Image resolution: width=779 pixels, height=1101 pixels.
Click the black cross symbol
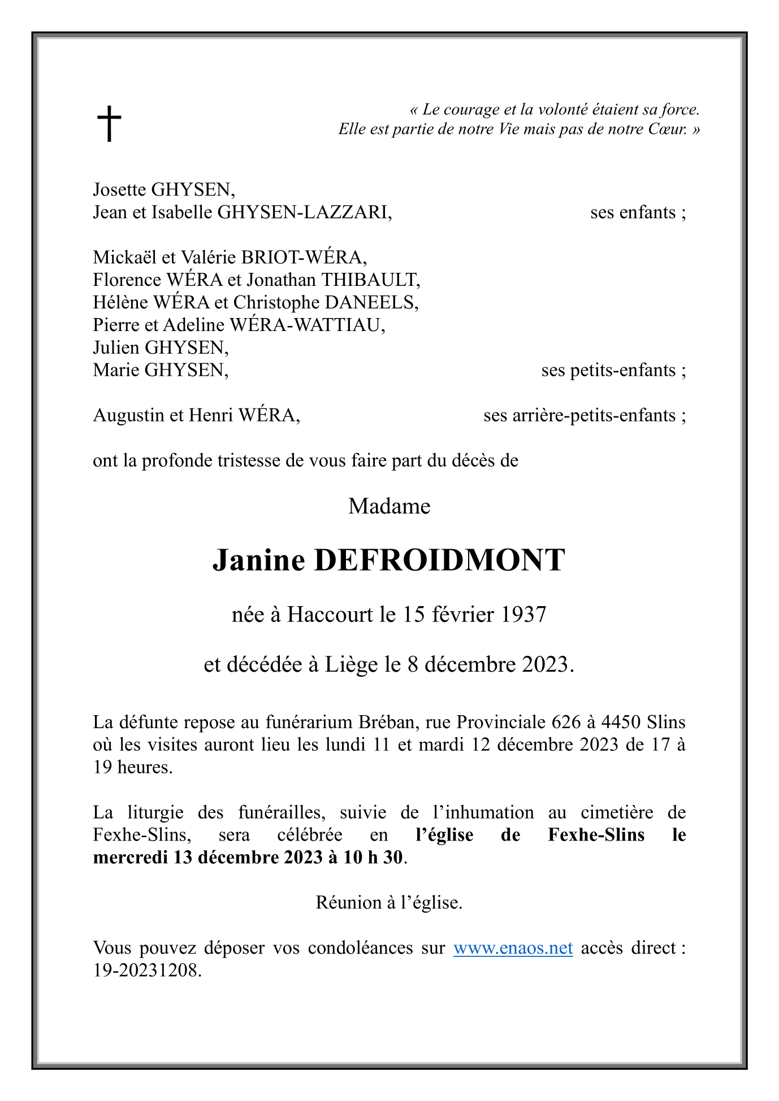[109, 123]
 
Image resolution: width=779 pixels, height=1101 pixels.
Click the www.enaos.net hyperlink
[513, 947]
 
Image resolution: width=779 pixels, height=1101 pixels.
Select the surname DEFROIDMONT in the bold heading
[439, 560]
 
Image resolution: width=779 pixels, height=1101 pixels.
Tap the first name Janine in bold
[258, 560]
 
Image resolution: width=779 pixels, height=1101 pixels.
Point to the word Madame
[389, 506]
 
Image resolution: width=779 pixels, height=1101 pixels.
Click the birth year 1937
[523, 614]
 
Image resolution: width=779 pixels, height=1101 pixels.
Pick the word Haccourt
[330, 614]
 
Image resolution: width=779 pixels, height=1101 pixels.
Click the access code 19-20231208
[146, 971]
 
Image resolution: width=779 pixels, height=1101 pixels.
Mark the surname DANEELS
[371, 302]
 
